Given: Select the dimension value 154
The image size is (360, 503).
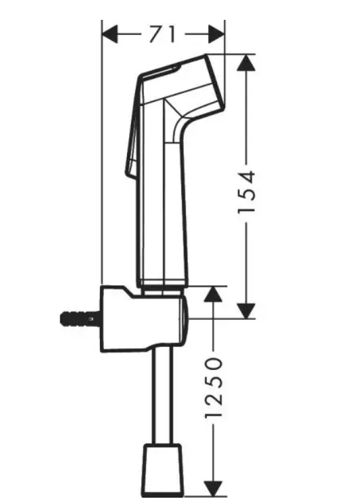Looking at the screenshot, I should [x=247, y=192].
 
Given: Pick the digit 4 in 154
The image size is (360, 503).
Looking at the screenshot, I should [x=247, y=176].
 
